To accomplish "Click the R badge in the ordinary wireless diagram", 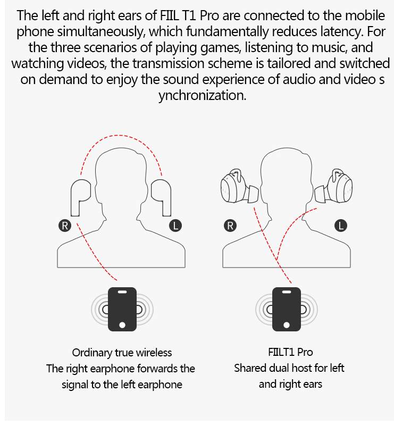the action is [65, 226].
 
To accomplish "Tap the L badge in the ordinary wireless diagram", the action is [175, 226].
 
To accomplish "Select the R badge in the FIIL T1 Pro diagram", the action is [230, 226].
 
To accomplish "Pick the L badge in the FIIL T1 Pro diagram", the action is [341, 226].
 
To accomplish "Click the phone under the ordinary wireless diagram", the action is [122, 309].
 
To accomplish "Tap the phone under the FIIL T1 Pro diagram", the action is [287, 309].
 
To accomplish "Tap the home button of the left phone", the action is [122, 324].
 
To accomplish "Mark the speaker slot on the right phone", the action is [287, 292].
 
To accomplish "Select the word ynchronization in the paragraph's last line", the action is [203, 96].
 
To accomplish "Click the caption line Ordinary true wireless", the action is [122, 353].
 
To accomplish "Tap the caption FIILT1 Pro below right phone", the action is [290, 352].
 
